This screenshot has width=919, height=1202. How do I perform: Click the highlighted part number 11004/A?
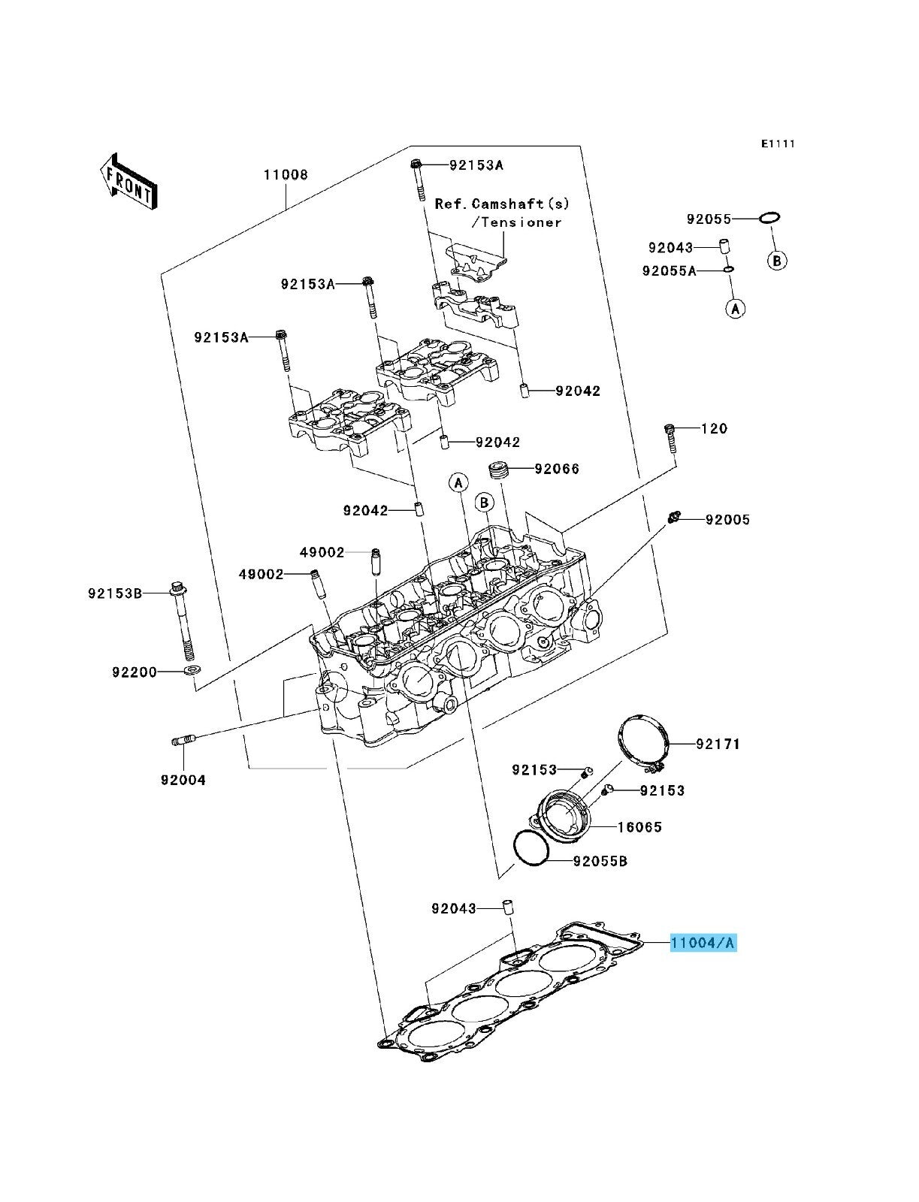tap(703, 942)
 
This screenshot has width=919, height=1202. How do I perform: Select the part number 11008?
tap(285, 175)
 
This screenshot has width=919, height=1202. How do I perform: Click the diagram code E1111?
tap(777, 143)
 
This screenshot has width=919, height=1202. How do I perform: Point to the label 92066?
tap(557, 469)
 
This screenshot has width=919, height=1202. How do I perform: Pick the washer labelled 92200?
tap(192, 669)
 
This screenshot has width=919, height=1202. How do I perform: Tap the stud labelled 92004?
tap(183, 742)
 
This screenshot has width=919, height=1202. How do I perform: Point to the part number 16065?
tap(639, 827)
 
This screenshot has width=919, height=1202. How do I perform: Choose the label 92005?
tap(727, 520)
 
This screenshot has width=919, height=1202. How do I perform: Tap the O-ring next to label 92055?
tap(769, 218)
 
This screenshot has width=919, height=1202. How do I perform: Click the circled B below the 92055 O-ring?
tap(777, 261)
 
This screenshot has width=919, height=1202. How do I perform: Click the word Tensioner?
tap(521, 222)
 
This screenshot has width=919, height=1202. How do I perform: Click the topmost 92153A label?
tap(476, 165)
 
